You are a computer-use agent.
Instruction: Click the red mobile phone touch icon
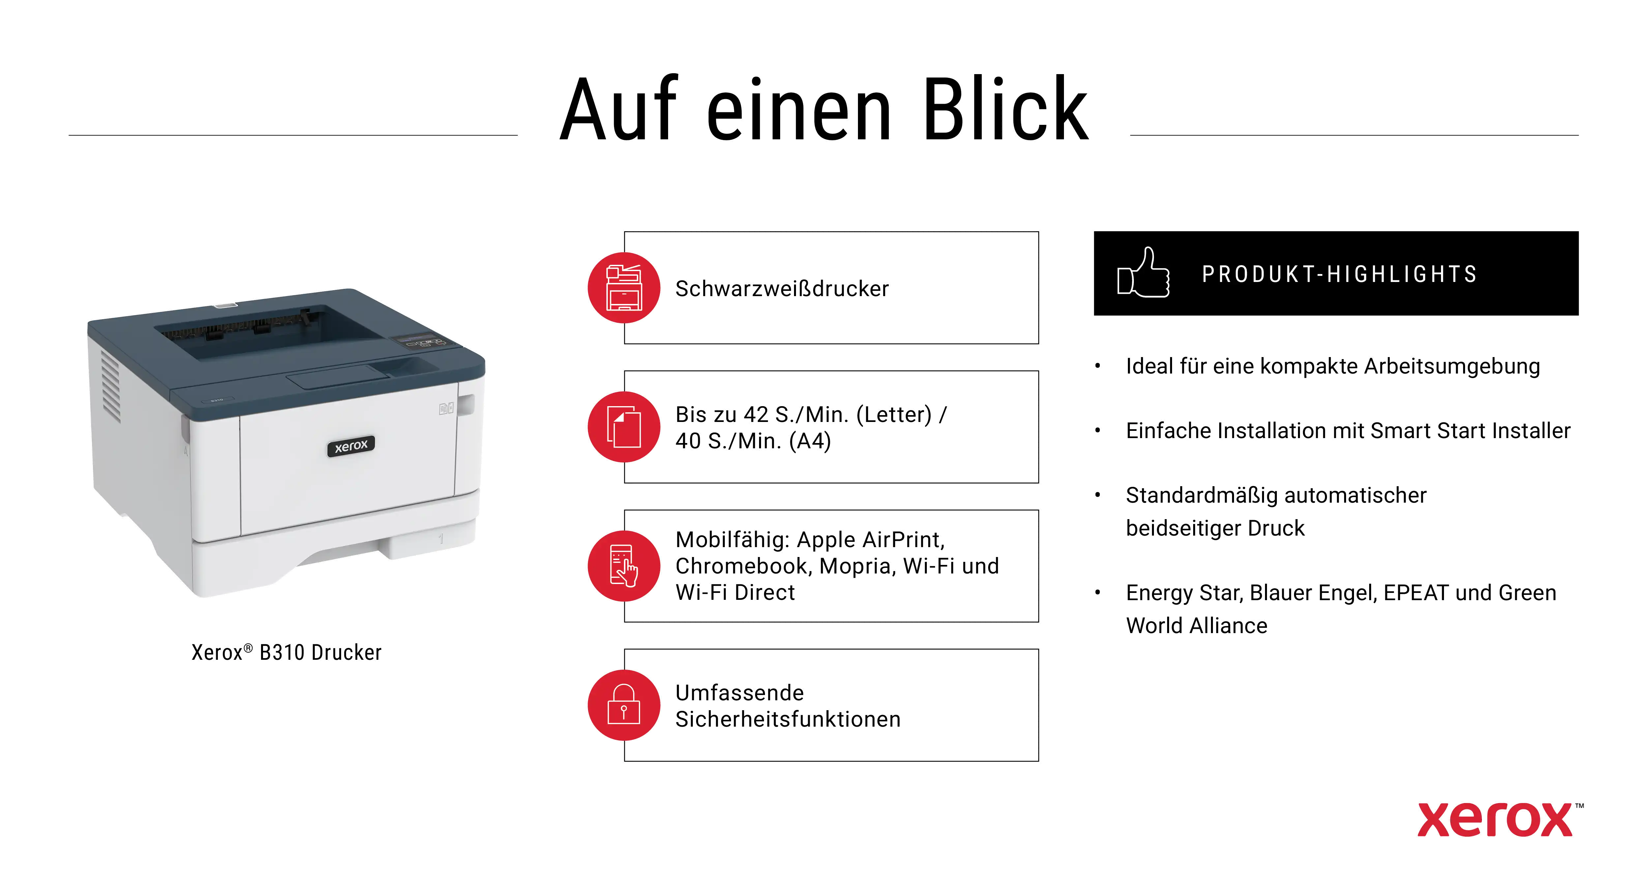tap(624, 566)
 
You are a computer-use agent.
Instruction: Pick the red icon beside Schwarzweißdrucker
tap(624, 288)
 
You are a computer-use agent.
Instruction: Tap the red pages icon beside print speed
tap(624, 427)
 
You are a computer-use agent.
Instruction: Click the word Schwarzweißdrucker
tap(782, 289)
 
